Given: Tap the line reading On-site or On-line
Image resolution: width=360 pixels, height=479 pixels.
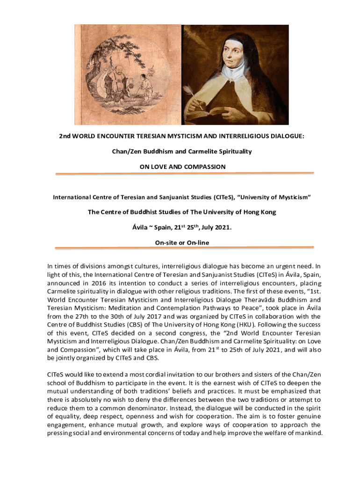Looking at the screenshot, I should pos(182,242).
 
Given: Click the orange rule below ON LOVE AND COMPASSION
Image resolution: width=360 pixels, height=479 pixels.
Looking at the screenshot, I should pos(184,174).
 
